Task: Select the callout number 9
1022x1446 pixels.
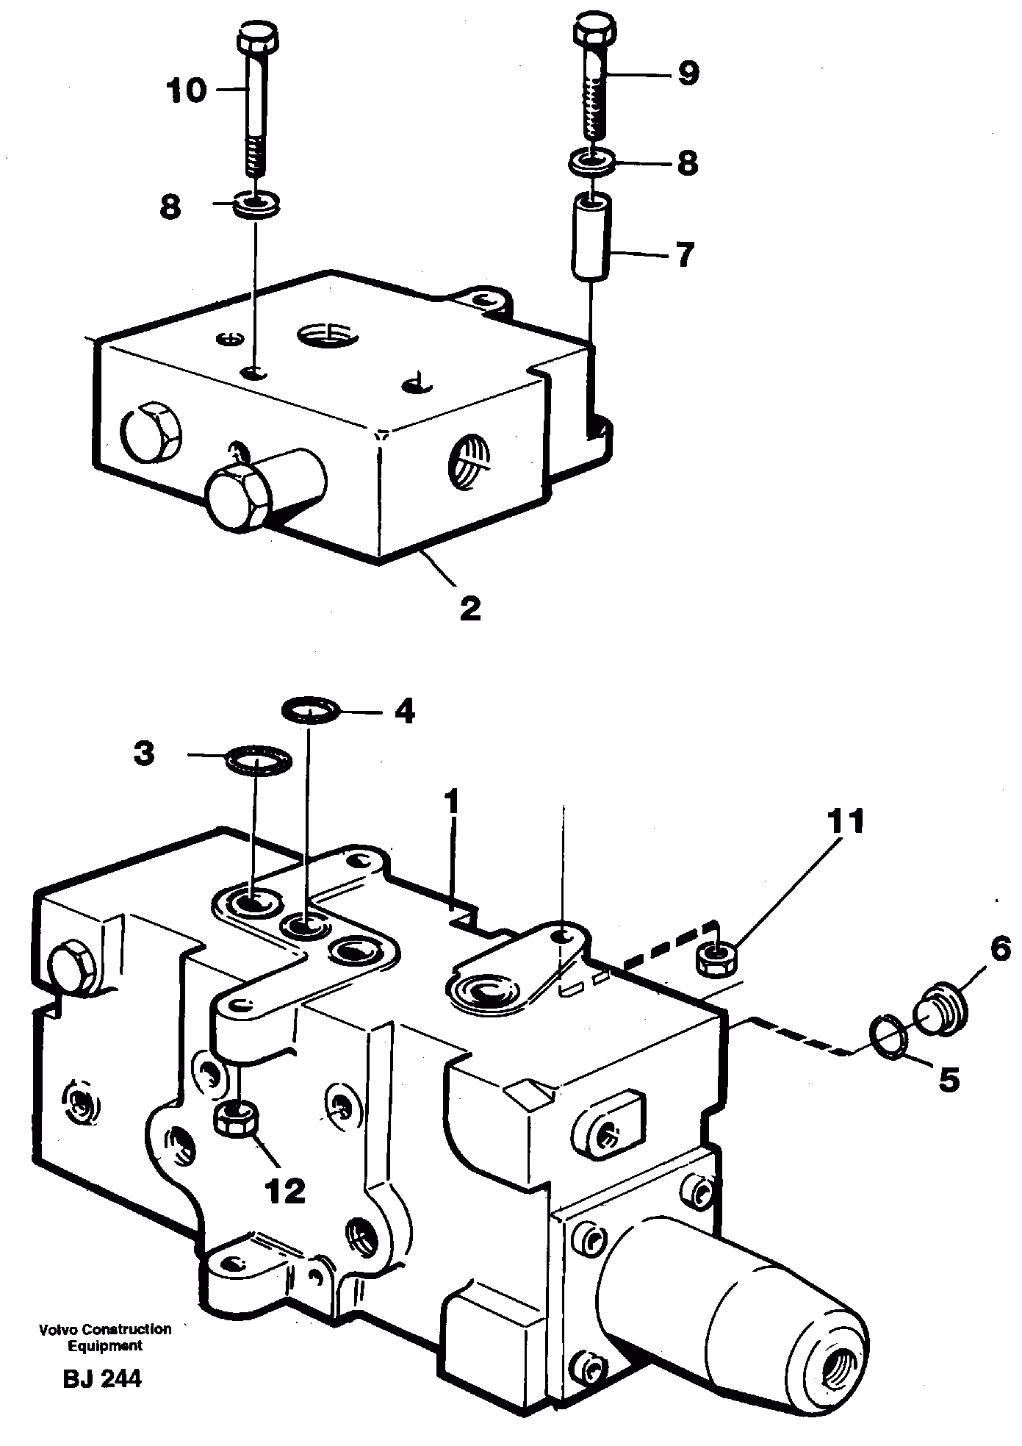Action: pyautogui.click(x=688, y=73)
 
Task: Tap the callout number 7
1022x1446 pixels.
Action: pyautogui.click(x=685, y=255)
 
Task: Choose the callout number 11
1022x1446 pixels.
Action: pyautogui.click(x=845, y=822)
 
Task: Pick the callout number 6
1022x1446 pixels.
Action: pyautogui.click(x=1000, y=950)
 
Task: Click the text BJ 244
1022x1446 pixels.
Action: pyautogui.click(x=102, y=1379)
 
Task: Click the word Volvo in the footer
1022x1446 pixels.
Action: pyautogui.click(x=57, y=1329)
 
